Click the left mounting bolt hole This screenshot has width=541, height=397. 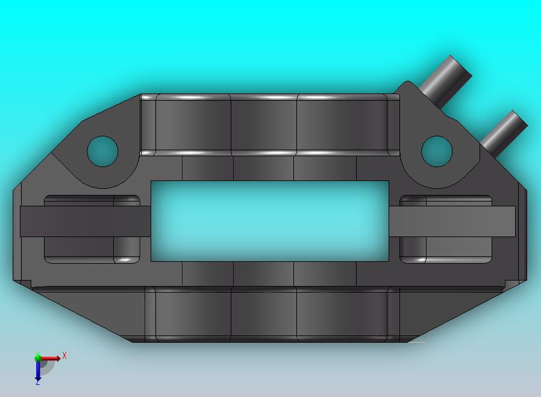click(x=102, y=151)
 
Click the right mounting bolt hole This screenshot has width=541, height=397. click(x=437, y=151)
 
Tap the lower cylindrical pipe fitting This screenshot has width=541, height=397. click(x=503, y=133)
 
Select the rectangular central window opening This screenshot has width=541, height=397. click(x=270, y=221)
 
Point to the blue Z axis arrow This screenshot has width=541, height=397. click(x=38, y=370)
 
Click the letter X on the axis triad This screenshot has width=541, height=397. click(x=64, y=355)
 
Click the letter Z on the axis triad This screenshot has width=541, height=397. click(x=38, y=383)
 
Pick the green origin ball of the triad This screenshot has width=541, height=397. click(x=37, y=358)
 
